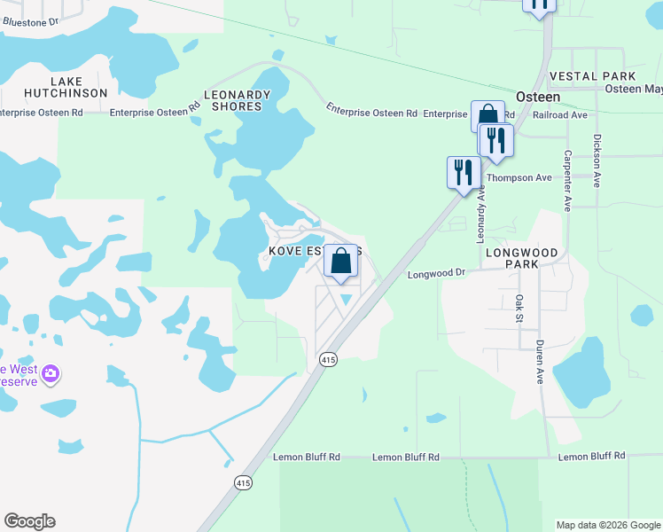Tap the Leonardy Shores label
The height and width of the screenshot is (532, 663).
coord(237,100)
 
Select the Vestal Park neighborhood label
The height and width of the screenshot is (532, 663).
coord(592,77)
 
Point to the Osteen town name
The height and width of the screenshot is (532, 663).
coord(537,97)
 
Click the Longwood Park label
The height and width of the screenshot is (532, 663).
coord(522,258)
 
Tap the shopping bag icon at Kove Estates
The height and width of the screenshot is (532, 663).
coord(340,262)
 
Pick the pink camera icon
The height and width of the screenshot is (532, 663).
coord(51,373)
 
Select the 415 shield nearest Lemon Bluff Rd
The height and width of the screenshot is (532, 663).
coord(244,482)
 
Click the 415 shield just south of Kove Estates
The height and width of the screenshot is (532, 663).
coord(328,360)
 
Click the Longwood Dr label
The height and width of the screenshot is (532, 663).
coord(436,274)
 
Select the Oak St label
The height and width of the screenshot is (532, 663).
coord(520,309)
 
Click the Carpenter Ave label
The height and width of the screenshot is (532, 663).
coord(567,180)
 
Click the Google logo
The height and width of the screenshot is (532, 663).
coord(29,521)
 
